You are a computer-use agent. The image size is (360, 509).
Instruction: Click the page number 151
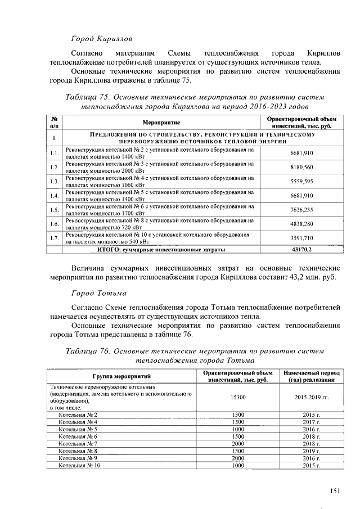pos(335,491)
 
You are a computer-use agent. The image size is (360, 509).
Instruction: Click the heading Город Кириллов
pos(101,39)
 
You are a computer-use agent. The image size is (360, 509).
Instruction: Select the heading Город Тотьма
pos(98,294)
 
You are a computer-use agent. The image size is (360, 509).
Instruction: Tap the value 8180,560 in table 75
pos(301,167)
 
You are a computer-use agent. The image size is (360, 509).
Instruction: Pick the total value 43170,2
pos(301,249)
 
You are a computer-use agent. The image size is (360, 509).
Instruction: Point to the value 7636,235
pos(301,209)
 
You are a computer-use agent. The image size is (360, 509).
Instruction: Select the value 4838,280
pos(301,223)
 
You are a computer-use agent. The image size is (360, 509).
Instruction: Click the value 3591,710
pos(301,238)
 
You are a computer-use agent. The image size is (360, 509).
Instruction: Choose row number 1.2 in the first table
pos(55,167)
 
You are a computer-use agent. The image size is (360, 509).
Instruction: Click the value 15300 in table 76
pos(238,397)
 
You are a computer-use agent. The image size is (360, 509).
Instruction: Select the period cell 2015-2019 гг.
pos(311,397)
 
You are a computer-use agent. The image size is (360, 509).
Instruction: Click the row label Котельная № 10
pos(80,466)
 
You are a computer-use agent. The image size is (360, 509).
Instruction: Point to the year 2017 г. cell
pos(311,422)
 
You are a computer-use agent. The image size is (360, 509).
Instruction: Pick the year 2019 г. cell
pos(311,451)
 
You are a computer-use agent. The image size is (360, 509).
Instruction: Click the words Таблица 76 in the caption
pos(87,350)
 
